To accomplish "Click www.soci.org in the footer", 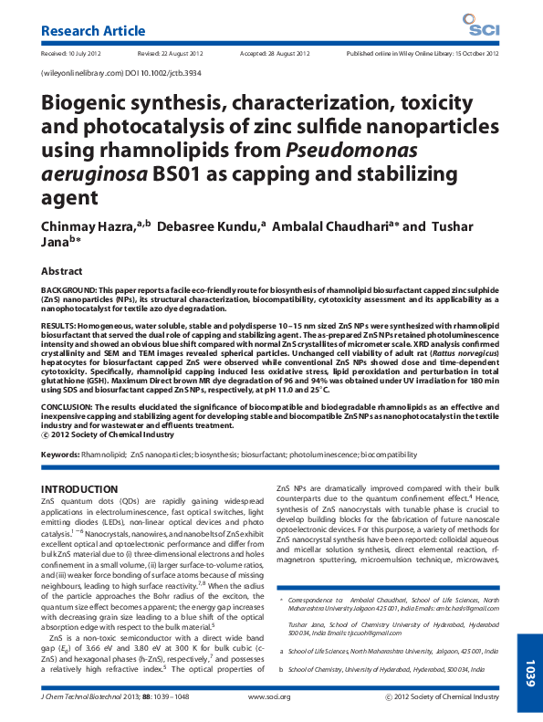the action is (x=269, y=696).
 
